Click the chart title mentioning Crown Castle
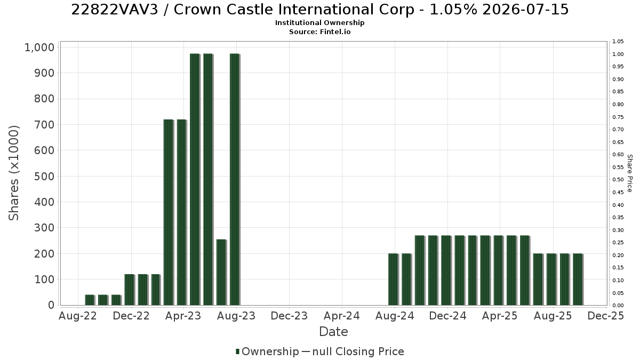point(319,10)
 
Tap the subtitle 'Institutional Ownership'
point(319,23)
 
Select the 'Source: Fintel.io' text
point(319,31)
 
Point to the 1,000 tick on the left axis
point(39,47)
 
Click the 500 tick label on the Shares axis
point(44,177)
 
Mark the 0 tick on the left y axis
point(51,305)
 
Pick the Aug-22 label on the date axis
point(78,316)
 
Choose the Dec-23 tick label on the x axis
point(289,316)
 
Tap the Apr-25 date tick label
point(500,316)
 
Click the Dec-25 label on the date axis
point(606,316)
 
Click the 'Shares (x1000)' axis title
point(13,173)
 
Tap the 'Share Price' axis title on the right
point(629,173)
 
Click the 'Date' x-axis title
point(333,332)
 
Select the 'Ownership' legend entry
point(267,351)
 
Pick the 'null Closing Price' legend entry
point(358,351)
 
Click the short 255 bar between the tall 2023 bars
point(221,273)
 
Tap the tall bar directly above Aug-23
point(235,179)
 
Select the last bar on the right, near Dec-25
point(578,279)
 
